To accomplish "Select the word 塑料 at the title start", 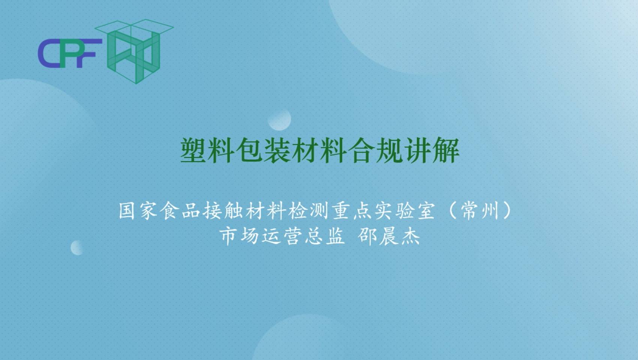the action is pos(207,150).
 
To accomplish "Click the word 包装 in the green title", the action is pos(263,150).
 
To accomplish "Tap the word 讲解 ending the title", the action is pos(432,150).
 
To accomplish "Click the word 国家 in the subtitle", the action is pos(138,211).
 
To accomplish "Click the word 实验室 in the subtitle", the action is pos(405,211).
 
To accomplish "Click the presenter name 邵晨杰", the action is pos(389,236).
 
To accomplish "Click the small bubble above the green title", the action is pos(279,119).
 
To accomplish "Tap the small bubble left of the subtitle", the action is pos(77,247).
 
